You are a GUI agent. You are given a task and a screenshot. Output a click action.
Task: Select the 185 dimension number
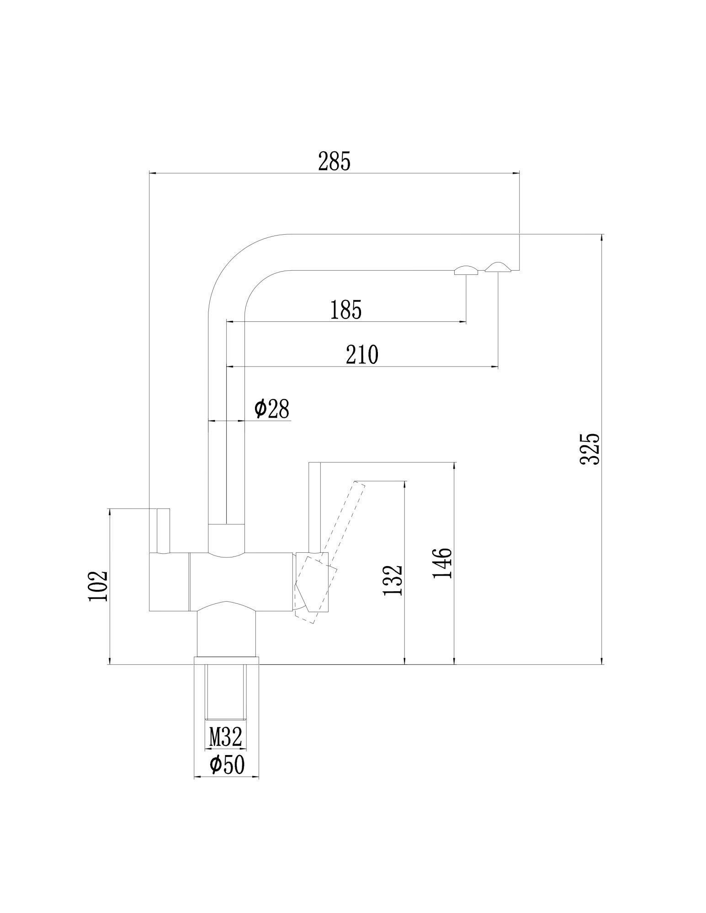[346, 310]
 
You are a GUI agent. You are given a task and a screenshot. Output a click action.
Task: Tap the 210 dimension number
[362, 355]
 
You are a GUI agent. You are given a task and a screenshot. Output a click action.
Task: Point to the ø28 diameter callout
[272, 409]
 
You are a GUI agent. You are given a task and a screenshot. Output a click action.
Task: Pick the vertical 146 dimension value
[442, 563]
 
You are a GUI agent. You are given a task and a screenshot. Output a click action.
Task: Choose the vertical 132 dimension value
[393, 580]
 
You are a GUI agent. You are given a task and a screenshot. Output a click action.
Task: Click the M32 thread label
[225, 737]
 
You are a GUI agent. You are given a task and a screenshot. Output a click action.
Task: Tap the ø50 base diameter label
[227, 765]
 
